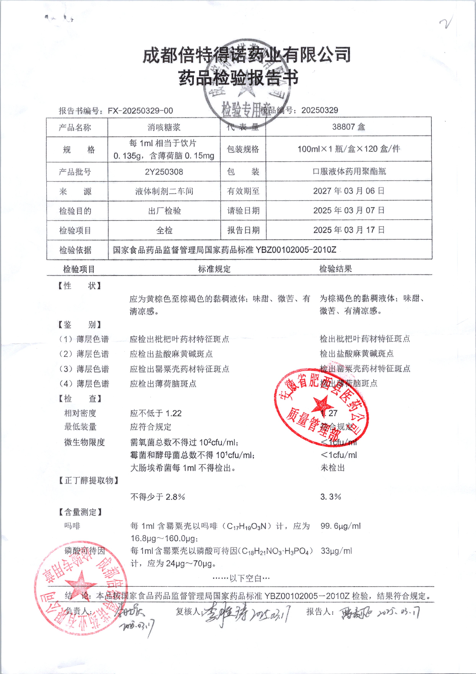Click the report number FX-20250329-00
(x=140, y=111)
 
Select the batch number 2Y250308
(x=164, y=172)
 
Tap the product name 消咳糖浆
(x=164, y=127)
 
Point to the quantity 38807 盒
(x=348, y=127)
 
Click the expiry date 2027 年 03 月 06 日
(x=348, y=191)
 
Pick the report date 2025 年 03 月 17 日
(x=348, y=230)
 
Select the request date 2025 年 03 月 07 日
(x=348, y=210)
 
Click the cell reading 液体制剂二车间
(x=164, y=191)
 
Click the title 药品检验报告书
(x=238, y=78)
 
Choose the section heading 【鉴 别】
(x=79, y=325)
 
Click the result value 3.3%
(x=331, y=497)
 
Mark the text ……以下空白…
(x=241, y=578)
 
